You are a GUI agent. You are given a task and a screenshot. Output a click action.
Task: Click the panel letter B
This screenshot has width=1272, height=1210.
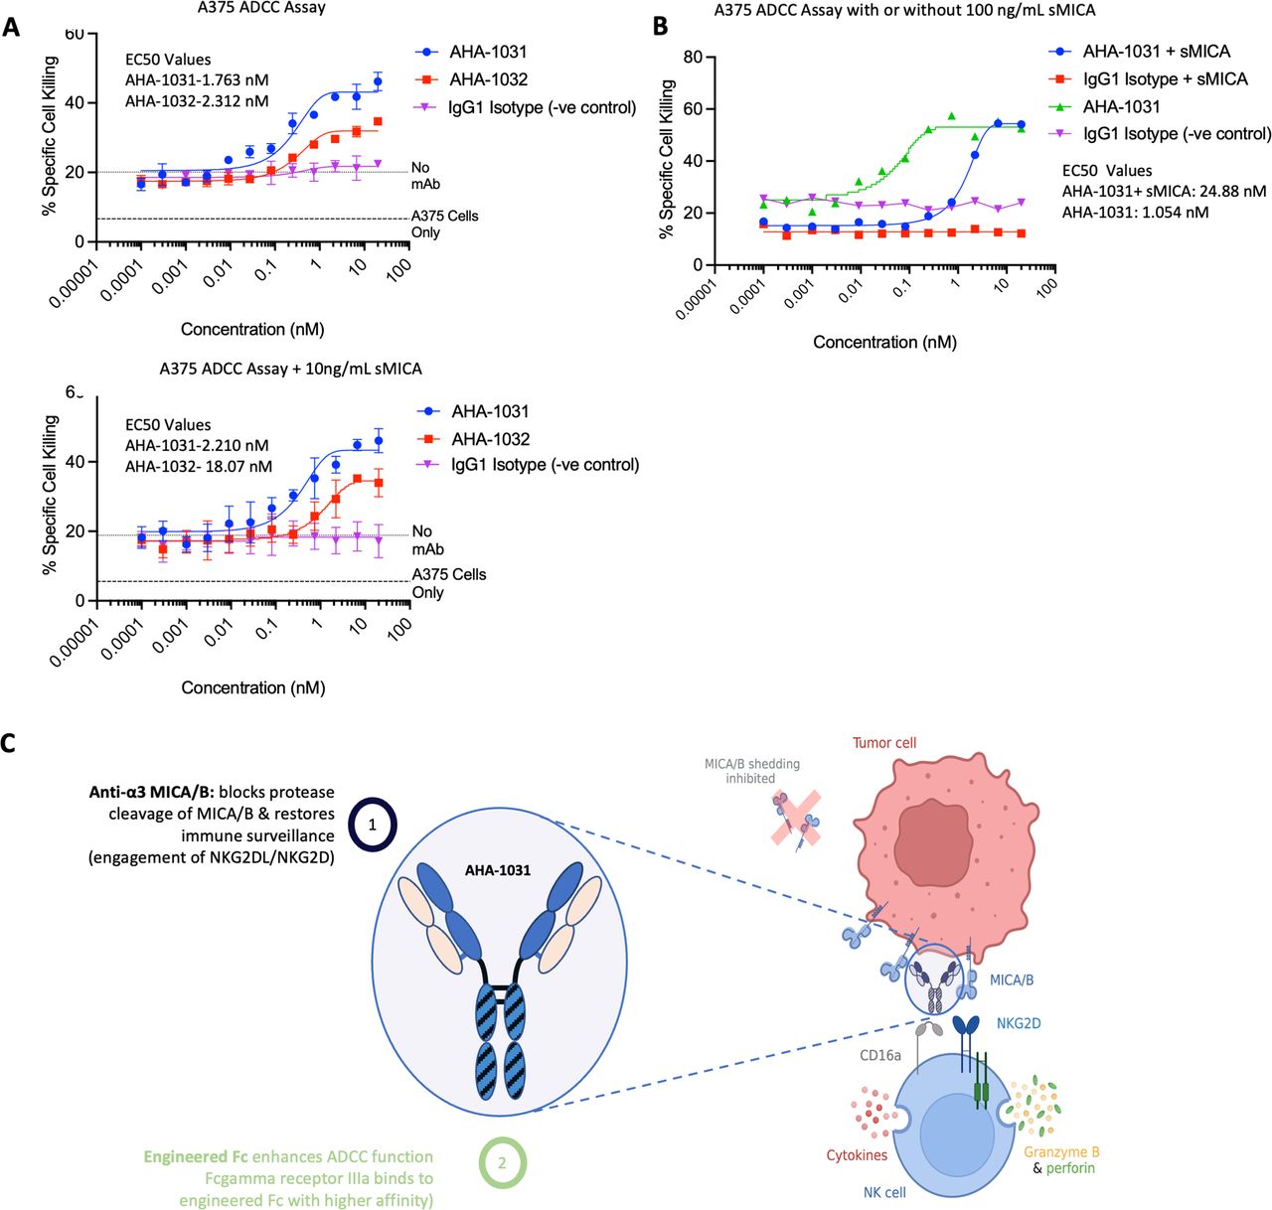pyautogui.click(x=660, y=27)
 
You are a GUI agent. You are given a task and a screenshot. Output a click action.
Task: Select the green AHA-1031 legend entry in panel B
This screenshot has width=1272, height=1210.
pyautogui.click(x=1121, y=106)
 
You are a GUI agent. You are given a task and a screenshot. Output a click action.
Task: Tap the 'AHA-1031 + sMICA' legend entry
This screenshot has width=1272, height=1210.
pyautogui.click(x=1156, y=51)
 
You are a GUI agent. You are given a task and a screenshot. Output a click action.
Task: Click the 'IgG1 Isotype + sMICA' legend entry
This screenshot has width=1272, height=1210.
pyautogui.click(x=1165, y=78)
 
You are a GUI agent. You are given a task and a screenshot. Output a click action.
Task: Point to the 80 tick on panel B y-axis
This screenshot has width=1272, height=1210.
pyautogui.click(x=693, y=58)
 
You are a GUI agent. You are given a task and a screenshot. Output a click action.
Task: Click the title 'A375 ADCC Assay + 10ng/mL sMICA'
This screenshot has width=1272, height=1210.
pyautogui.click(x=290, y=369)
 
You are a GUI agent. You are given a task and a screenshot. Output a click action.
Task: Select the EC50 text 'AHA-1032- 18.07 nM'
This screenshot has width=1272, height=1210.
pyautogui.click(x=198, y=466)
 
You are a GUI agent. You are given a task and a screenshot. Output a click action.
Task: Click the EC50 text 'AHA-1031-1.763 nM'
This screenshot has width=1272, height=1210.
pyautogui.click(x=196, y=80)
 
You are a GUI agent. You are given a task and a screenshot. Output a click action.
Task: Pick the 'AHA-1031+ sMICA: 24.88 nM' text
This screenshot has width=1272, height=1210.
pyautogui.click(x=1164, y=191)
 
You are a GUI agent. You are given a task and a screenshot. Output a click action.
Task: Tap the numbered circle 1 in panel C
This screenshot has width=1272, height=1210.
pyautogui.click(x=373, y=825)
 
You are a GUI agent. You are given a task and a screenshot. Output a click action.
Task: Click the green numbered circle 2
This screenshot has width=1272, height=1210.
pyautogui.click(x=502, y=1162)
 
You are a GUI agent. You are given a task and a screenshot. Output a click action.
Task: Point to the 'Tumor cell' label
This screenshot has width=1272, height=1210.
pyautogui.click(x=884, y=743)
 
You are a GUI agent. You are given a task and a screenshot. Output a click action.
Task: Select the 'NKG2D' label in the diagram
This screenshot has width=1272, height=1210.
pyautogui.click(x=1019, y=1023)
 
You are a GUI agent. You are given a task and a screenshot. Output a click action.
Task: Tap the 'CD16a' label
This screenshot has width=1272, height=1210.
pyautogui.click(x=880, y=1055)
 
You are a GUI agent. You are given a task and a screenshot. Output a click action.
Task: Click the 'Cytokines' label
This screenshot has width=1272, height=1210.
pyautogui.click(x=857, y=1155)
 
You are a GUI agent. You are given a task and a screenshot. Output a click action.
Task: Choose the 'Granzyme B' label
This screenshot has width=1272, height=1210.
pyautogui.click(x=1061, y=1152)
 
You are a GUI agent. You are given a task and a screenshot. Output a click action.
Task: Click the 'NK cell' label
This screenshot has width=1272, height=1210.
pyautogui.click(x=884, y=1192)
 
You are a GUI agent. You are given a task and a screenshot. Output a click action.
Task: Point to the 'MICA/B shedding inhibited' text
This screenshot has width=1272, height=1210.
pyautogui.click(x=751, y=771)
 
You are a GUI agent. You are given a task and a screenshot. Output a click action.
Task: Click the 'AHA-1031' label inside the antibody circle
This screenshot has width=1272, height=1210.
pyautogui.click(x=498, y=870)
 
